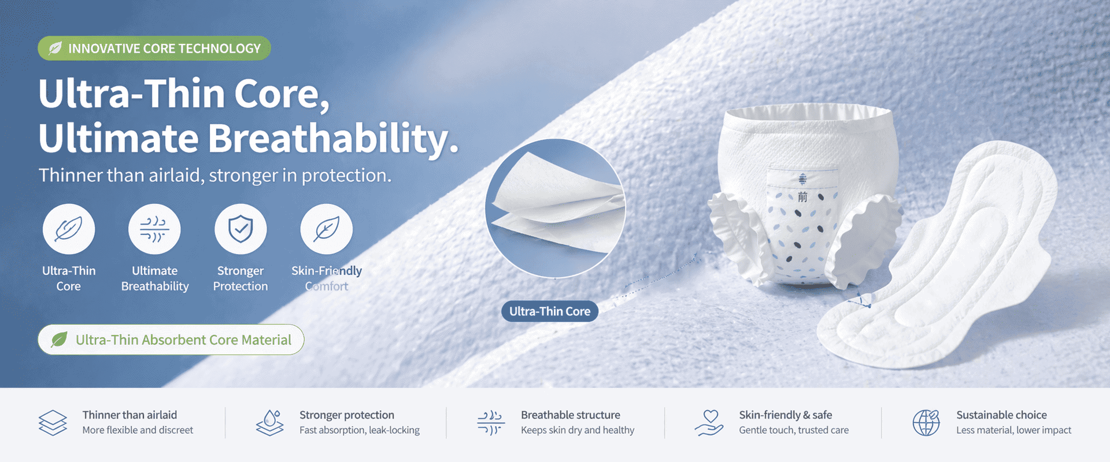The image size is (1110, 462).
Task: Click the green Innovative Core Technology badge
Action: (x=154, y=49)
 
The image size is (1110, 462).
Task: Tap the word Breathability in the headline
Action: (x=333, y=139)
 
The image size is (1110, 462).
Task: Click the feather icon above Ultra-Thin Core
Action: (x=69, y=230)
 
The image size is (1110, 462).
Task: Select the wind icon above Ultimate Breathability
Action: (x=154, y=230)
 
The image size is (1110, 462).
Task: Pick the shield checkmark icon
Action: (x=240, y=230)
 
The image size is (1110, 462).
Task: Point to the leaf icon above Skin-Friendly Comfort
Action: (x=327, y=230)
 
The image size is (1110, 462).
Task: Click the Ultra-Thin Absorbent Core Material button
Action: (x=171, y=340)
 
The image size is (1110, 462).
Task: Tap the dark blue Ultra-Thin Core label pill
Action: (x=549, y=311)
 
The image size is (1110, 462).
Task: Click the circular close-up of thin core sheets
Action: (x=555, y=208)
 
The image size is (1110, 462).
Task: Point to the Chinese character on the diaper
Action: (x=802, y=197)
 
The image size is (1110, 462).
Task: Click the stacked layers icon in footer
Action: (x=53, y=423)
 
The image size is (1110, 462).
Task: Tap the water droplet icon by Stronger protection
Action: (x=270, y=423)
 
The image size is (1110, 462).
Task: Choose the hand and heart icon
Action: (x=709, y=423)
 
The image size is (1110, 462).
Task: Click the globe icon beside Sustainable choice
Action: (x=926, y=423)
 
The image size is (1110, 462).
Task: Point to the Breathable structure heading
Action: (x=570, y=415)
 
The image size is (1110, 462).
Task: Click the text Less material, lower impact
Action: (x=1013, y=430)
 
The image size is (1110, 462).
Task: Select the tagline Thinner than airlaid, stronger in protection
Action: (x=215, y=175)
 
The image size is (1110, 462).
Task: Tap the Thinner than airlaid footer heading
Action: (x=129, y=415)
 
